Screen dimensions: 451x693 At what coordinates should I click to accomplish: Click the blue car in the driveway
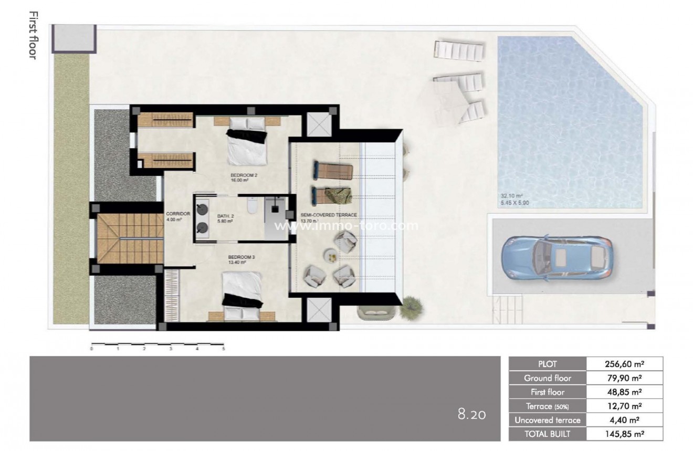[x=558, y=257]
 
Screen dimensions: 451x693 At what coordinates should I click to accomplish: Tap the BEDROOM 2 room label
[x=243, y=175]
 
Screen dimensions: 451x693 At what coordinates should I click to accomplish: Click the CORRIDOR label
[x=174, y=214]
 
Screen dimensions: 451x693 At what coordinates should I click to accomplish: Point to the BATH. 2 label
[x=225, y=216]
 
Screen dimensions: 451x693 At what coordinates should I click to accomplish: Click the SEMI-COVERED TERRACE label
[x=329, y=215]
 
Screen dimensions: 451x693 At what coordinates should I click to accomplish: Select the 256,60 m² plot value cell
[x=624, y=364]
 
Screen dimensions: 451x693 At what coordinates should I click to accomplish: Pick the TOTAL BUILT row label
[x=547, y=434]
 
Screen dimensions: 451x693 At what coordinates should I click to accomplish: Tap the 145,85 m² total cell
[x=624, y=434]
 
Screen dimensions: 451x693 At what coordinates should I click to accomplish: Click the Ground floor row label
[x=547, y=378]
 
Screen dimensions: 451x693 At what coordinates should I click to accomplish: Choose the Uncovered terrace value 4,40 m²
[x=624, y=420]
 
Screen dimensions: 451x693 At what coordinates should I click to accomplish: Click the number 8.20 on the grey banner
[x=471, y=415]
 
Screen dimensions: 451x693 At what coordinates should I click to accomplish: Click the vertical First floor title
[x=32, y=35]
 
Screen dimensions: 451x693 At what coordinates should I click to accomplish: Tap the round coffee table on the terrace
[x=330, y=256]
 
